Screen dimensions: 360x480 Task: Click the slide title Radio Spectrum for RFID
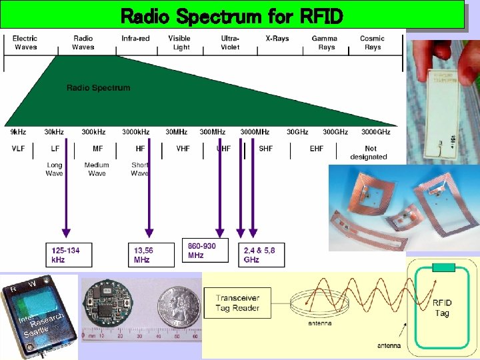[231, 15]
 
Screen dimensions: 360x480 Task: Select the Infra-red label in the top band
[135, 39]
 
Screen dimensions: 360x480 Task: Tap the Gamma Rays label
[325, 43]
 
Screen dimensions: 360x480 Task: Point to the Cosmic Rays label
[373, 43]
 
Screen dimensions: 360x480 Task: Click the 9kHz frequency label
[18, 132]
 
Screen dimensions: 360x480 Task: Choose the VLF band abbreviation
[18, 149]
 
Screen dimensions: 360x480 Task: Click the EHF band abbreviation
[317, 149]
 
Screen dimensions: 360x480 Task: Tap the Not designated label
[369, 153]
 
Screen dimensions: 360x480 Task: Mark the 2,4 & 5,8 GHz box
[261, 255]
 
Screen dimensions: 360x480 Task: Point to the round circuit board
[107, 308]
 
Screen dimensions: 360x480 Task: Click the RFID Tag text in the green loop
[442, 307]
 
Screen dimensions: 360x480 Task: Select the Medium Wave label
[97, 169]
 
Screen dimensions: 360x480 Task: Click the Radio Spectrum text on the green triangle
[98, 88]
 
